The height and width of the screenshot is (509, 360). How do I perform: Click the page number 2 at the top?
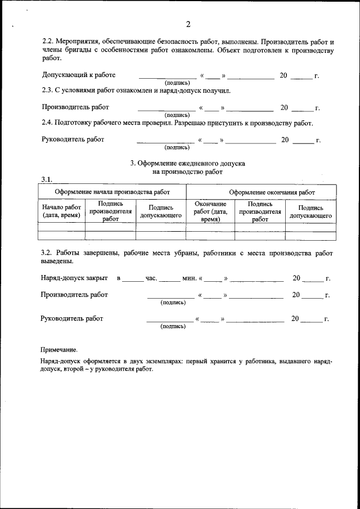(x=188, y=24)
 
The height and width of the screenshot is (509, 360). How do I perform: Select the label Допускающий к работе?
(x=79, y=75)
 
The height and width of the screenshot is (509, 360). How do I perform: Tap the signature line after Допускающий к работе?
(x=168, y=76)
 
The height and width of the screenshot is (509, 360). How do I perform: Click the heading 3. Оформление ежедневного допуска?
(x=188, y=163)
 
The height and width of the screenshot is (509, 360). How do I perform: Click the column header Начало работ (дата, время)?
(x=61, y=211)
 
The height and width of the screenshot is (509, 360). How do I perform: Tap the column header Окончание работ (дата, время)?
(x=210, y=211)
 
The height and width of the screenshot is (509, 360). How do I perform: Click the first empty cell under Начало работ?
(x=61, y=227)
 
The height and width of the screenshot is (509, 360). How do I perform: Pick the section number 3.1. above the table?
(x=47, y=179)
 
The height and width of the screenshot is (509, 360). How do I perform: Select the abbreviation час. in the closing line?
(x=151, y=278)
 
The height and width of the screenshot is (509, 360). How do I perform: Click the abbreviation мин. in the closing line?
(x=189, y=278)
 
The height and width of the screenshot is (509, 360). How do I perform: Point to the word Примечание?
(x=59, y=349)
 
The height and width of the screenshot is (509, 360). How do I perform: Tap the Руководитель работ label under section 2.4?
(x=73, y=139)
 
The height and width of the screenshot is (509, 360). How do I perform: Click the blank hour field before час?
(x=133, y=278)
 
